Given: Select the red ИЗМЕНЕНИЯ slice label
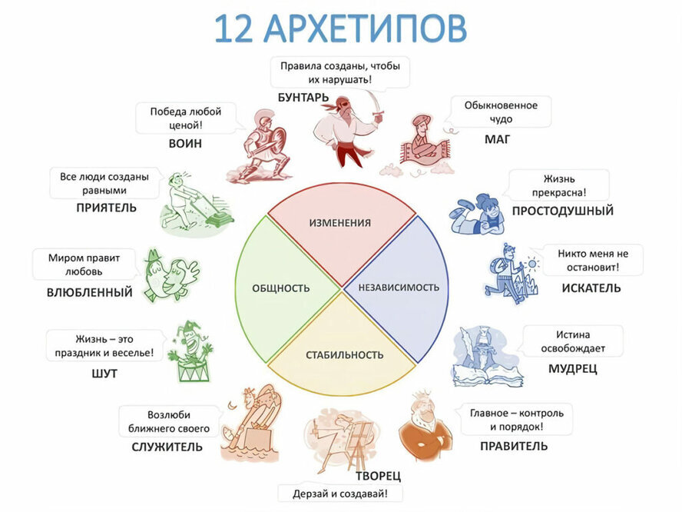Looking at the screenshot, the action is click(339, 223).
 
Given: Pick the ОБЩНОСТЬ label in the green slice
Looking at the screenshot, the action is click(281, 288).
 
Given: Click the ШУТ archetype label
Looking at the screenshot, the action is click(104, 374).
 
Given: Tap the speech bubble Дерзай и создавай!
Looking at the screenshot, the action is click(339, 494).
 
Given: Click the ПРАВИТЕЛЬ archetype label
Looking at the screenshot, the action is click(514, 446).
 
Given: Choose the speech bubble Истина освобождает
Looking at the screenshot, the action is click(570, 341).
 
